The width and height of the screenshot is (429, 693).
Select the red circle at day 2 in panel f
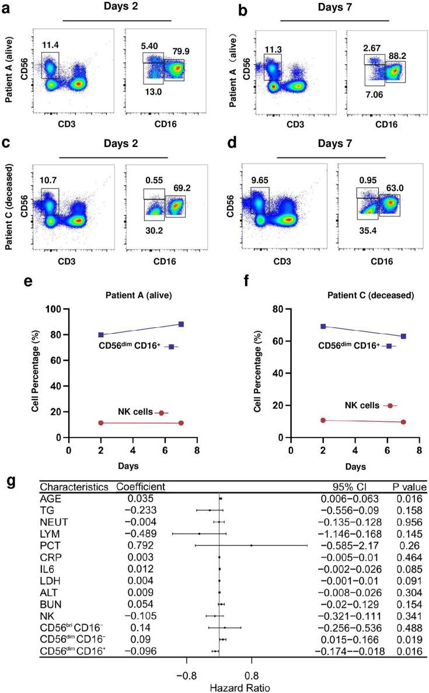pos(323,420)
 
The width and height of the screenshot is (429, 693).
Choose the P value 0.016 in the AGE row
pos(408,498)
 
